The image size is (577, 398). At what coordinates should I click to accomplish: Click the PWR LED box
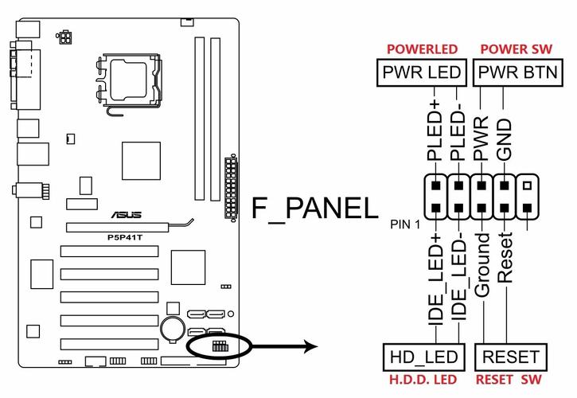tap(422, 73)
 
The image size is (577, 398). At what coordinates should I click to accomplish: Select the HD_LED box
tap(422, 357)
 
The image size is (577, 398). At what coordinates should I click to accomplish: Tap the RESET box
tap(511, 357)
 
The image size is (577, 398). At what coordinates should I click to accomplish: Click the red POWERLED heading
tap(422, 49)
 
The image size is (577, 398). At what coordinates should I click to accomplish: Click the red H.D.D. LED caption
tap(423, 380)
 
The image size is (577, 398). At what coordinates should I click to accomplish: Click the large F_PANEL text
tap(315, 209)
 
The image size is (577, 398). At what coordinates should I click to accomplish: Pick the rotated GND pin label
tap(504, 139)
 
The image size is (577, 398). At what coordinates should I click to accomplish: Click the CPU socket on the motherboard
tap(127, 83)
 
